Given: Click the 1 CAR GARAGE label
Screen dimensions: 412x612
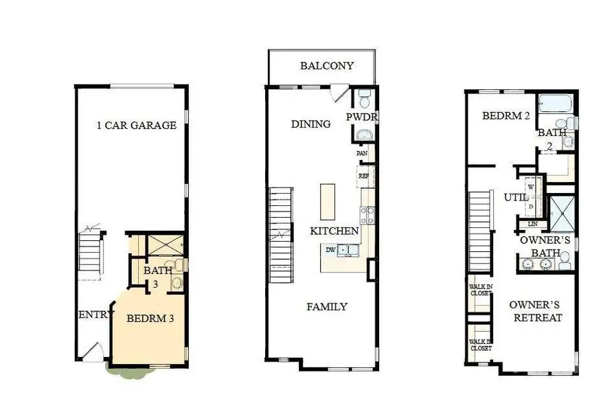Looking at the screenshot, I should click(x=136, y=126).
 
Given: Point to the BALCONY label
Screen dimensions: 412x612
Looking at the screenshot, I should click(x=327, y=66).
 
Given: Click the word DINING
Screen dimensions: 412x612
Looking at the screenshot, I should click(x=310, y=124).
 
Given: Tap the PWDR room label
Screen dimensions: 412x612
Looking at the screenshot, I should click(x=362, y=117).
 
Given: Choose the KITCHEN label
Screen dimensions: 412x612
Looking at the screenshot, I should click(x=334, y=231).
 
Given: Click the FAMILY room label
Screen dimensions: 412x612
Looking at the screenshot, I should click(x=326, y=307).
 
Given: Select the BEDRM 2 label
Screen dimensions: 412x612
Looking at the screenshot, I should click(x=506, y=116).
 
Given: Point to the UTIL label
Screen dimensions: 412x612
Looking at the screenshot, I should click(x=516, y=197).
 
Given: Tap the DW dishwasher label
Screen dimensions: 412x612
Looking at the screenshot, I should click(x=330, y=250).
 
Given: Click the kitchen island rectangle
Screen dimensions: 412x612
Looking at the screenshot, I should click(x=328, y=201).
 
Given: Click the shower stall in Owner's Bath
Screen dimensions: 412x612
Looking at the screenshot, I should click(x=561, y=214).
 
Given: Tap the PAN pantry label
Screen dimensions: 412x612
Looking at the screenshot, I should click(x=362, y=154).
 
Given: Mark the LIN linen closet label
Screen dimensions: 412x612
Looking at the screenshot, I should click(x=532, y=224).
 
